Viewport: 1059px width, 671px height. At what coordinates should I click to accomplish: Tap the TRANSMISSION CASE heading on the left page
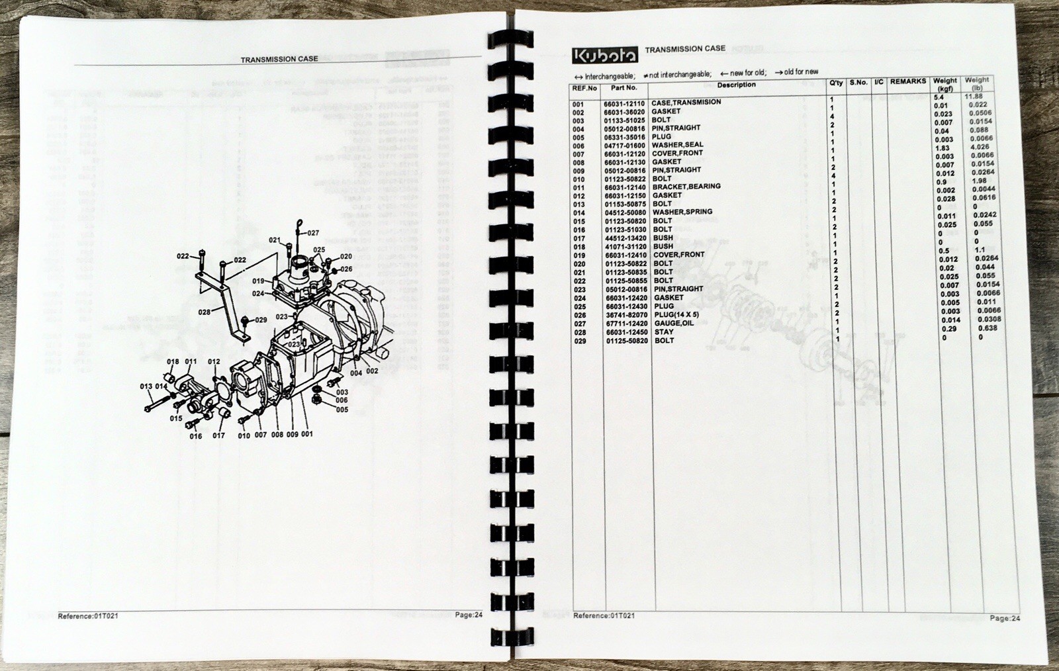point(279,59)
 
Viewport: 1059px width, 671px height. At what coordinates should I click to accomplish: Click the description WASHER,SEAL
point(677,145)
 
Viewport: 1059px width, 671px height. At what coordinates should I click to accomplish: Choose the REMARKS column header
point(907,81)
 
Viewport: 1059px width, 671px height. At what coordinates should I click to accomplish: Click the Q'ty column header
point(836,83)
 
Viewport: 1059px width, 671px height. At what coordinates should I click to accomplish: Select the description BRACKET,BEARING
point(686,187)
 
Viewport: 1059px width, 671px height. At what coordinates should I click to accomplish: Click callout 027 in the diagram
point(312,233)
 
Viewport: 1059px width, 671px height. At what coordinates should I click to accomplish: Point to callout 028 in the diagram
point(205,312)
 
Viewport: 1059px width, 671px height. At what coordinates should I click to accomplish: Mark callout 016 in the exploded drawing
point(196,436)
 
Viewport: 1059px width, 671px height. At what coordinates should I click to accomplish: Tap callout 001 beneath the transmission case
point(307,435)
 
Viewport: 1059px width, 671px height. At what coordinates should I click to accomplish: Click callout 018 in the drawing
point(173,361)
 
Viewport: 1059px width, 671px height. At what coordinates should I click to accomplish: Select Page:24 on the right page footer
point(1005,618)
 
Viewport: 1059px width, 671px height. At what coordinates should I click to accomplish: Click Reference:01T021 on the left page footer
point(88,616)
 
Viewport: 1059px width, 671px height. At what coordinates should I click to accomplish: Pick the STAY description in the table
point(663,332)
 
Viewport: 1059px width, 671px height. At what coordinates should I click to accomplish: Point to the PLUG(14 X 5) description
point(676,315)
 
